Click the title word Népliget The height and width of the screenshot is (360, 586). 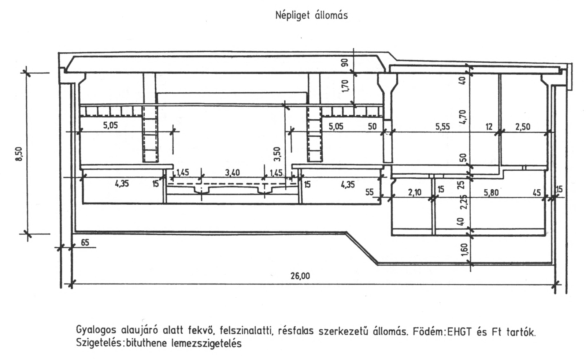click(x=292, y=15)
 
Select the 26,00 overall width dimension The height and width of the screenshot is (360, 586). click(x=300, y=276)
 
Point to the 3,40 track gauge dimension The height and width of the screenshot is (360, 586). click(x=232, y=172)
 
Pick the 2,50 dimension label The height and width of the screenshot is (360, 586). click(x=523, y=127)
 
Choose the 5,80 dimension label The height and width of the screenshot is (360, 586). click(x=491, y=192)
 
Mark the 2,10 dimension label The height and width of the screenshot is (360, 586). click(x=415, y=192)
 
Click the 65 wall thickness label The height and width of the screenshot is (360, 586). click(x=85, y=242)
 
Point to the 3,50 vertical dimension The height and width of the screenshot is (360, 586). click(x=277, y=154)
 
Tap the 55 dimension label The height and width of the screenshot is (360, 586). click(x=370, y=192)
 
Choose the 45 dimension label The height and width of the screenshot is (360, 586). click(x=537, y=193)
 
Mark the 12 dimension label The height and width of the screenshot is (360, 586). click(x=489, y=127)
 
